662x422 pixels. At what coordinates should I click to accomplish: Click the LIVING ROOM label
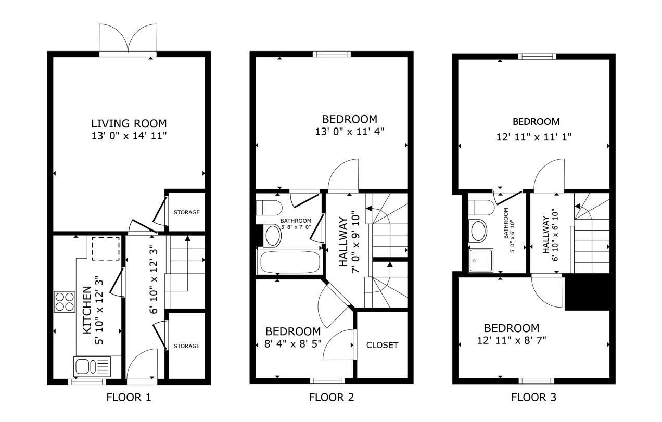tap(129, 123)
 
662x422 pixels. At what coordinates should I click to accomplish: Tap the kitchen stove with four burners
tap(65, 301)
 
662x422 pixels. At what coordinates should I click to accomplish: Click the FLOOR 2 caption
tap(332, 398)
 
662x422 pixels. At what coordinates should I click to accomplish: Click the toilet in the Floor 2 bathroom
tap(269, 208)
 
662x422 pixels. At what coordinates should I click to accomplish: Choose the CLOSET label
tap(382, 345)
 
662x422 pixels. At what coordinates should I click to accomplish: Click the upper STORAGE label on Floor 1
tap(186, 212)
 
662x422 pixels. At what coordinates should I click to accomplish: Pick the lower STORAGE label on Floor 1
tap(186, 346)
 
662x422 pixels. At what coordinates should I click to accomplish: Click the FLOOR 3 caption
tap(533, 398)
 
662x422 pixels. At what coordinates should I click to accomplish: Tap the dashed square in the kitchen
tap(106, 249)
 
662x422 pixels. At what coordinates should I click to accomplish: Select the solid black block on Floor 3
tap(587, 292)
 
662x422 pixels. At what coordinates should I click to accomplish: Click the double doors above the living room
tap(128, 39)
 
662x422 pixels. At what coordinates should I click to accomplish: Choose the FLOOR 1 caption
tap(129, 398)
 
